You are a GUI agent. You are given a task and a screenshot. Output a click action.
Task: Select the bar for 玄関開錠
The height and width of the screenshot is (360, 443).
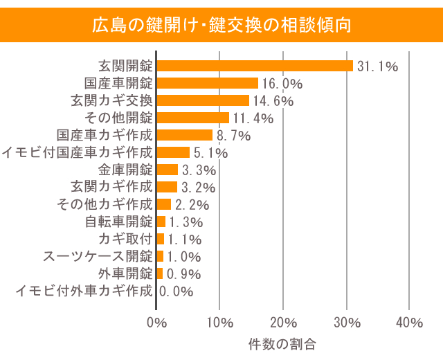click(255, 66)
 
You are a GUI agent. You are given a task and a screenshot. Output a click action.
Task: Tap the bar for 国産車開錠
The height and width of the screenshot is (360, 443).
click(208, 83)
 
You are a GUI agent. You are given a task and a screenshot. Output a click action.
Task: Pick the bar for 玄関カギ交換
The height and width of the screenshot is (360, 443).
click(203, 100)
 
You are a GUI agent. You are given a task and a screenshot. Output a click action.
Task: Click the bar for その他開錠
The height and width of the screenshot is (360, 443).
click(193, 118)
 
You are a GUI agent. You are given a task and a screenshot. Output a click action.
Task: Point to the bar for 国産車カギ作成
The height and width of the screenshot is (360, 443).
click(185, 135)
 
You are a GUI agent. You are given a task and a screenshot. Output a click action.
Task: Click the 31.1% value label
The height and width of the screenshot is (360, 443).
click(377, 66)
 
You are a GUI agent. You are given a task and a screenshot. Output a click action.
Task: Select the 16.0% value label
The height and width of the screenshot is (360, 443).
click(282, 84)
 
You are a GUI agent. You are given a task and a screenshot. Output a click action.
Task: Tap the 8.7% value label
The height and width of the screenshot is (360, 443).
click(233, 136)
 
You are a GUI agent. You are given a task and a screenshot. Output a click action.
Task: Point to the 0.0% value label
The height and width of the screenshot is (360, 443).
click(177, 291)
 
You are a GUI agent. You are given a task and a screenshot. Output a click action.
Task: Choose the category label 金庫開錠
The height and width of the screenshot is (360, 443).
click(125, 170)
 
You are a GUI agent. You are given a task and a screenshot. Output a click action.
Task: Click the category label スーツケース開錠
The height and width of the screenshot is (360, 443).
click(98, 256)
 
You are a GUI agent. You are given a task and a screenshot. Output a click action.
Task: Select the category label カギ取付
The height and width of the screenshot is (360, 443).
click(125, 239)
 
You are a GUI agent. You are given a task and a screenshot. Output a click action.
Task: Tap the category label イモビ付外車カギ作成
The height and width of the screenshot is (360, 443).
click(84, 291)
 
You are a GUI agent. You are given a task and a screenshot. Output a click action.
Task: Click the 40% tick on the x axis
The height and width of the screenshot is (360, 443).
click(409, 323)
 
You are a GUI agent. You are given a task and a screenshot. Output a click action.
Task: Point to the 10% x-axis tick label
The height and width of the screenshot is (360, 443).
click(219, 323)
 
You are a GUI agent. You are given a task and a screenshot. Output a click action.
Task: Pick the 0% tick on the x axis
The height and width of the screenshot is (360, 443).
click(157, 323)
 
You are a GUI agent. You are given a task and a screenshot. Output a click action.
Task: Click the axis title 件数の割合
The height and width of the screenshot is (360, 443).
click(282, 343)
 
